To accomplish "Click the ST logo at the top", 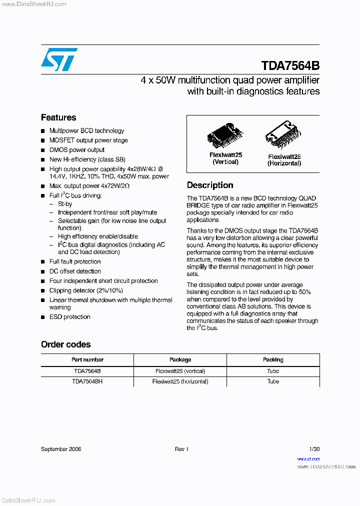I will pyautogui.click(x=59, y=59).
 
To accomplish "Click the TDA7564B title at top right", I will pyautogui.click(x=290, y=66).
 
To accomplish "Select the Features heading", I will pyautogui.click(x=58, y=117).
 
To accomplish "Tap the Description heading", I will pyautogui.click(x=210, y=185).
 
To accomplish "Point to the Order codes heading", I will pyautogui.click(x=65, y=344).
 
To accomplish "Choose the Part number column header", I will pyautogui.click(x=87, y=359).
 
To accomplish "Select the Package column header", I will pyautogui.click(x=180, y=359).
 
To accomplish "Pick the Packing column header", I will pyautogui.click(x=273, y=359).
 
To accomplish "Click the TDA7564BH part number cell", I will pyautogui.click(x=87, y=381).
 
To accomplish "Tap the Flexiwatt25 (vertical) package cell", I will pyautogui.click(x=180, y=371).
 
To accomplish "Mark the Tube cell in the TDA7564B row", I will pyautogui.click(x=273, y=371).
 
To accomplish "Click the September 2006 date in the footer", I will pyautogui.click(x=61, y=449).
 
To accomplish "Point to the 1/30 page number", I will pyautogui.click(x=314, y=449).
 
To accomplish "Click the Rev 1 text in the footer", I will pyautogui.click(x=181, y=449).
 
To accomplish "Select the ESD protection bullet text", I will pyautogui.click(x=70, y=317).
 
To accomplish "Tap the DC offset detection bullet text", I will pyautogui.click(x=75, y=271).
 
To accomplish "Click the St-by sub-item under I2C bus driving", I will pyautogui.click(x=65, y=204).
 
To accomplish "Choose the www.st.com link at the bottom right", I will pyautogui.click(x=308, y=458).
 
